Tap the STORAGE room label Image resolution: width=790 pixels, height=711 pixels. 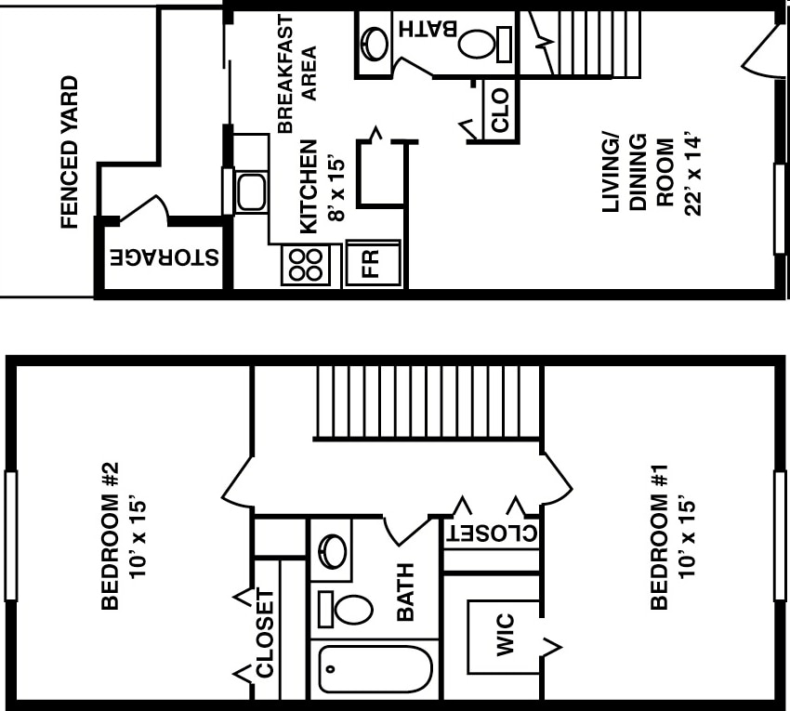[165, 257]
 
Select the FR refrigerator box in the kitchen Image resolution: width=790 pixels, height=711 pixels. [372, 263]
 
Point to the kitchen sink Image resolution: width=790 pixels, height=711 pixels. [250, 191]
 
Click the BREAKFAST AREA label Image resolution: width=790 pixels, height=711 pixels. [297, 74]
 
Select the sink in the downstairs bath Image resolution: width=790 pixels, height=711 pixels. [375, 43]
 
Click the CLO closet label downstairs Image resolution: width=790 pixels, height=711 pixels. [500, 109]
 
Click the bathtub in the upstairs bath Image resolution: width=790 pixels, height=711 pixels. [375, 669]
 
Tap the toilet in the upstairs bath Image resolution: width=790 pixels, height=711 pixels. [347, 609]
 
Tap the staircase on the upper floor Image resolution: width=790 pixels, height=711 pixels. [428, 402]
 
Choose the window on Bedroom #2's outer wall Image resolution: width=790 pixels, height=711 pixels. [11, 535]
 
